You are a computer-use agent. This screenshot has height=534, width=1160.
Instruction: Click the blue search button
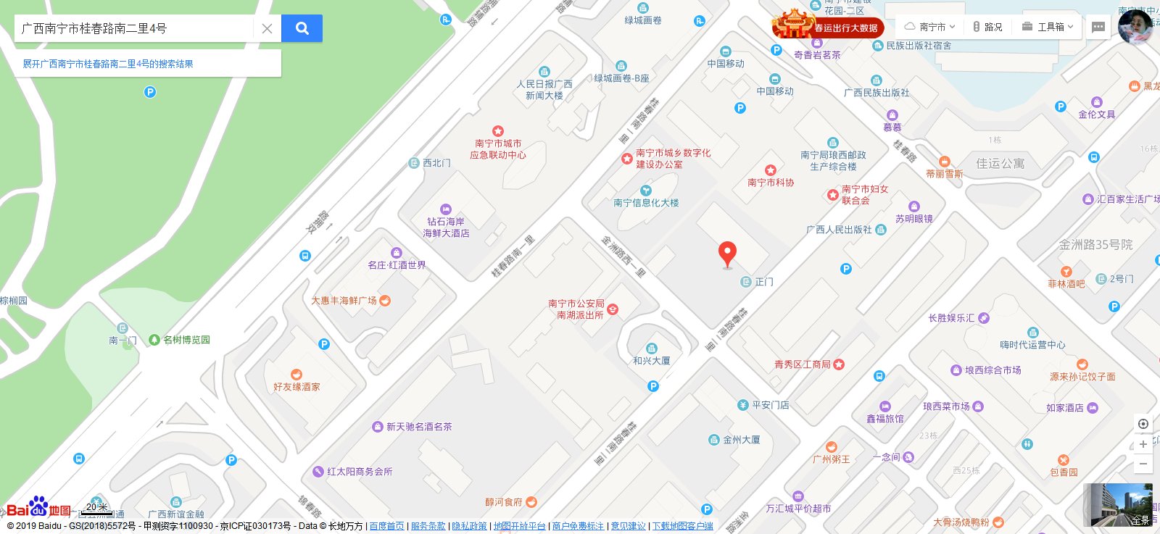(302, 28)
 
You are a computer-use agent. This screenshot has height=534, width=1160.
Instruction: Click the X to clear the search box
(267, 29)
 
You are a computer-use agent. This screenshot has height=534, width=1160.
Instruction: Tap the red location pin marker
(727, 254)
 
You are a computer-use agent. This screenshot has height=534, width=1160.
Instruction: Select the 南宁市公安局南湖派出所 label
(576, 309)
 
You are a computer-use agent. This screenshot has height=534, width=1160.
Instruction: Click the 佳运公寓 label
(1000, 164)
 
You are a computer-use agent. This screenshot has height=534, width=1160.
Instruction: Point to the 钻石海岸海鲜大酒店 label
(446, 228)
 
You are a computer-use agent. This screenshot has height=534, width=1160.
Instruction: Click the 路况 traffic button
(987, 27)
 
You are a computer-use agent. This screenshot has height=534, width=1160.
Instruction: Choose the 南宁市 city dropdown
(930, 27)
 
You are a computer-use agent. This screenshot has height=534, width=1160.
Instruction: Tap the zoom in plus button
(1143, 444)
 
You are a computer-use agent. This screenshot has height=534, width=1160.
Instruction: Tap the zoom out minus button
(1143, 464)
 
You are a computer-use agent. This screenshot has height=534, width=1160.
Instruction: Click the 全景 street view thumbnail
(1117, 504)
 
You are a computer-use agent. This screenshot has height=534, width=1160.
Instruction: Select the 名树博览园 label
(186, 340)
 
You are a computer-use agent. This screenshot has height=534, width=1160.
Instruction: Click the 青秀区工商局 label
(802, 364)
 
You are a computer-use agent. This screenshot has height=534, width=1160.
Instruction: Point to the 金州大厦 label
(741, 440)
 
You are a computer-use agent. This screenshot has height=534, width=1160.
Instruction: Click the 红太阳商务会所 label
(359, 472)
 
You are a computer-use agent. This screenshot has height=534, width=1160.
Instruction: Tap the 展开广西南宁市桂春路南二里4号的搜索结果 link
(108, 64)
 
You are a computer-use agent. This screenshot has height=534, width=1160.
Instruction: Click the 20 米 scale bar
(96, 509)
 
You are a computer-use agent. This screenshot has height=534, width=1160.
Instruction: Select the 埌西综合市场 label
(993, 370)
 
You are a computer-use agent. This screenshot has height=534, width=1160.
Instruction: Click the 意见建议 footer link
(628, 526)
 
